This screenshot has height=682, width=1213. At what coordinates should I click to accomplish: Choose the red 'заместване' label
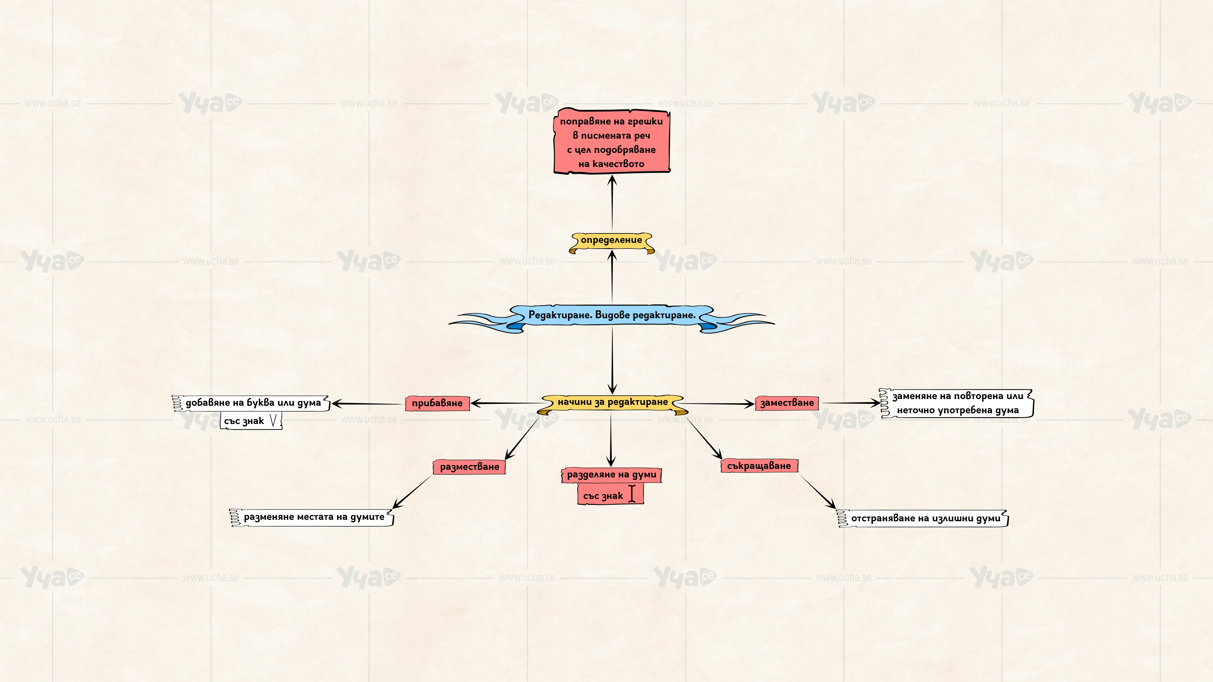point(787,403)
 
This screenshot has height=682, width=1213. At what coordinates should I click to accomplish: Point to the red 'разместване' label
point(470,467)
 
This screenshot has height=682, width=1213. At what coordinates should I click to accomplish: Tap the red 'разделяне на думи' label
point(611,475)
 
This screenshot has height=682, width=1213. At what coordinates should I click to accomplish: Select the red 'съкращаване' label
point(759,466)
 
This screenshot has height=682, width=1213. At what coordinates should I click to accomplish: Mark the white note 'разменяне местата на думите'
point(312,517)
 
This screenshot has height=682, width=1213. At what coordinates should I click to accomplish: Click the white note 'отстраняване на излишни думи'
point(923,519)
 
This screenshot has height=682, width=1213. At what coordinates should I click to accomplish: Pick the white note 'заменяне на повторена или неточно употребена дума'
point(956,403)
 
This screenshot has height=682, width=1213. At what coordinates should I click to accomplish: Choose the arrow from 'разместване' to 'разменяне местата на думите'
point(412,492)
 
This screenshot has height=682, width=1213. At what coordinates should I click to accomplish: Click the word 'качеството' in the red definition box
point(618,164)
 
